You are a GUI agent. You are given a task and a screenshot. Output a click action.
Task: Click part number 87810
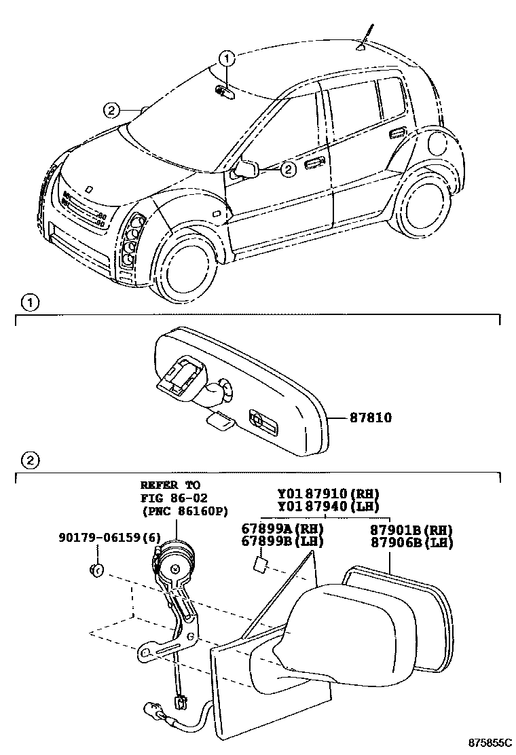coord(371,418)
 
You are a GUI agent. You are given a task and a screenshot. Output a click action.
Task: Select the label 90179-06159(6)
coord(109,538)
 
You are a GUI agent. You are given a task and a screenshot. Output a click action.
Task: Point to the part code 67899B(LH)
coord(282,541)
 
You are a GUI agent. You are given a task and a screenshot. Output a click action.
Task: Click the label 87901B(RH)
coord(412,529)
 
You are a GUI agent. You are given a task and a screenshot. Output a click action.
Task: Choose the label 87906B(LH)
coord(412,542)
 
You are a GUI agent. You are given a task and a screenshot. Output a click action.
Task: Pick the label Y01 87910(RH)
coord(328,494)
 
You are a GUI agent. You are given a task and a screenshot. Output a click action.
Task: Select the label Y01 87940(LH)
coord(328,506)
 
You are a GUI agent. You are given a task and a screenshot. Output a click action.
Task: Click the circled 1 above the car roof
coord(227,58)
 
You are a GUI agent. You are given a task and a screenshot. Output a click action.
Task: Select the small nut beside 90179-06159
coord(96,568)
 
